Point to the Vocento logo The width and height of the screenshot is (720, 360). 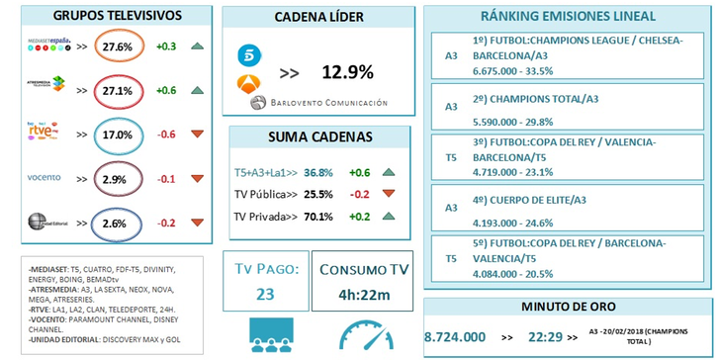(x=45, y=178)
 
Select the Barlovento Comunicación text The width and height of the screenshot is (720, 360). (x=331, y=103)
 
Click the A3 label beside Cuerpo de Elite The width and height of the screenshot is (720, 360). (x=451, y=209)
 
